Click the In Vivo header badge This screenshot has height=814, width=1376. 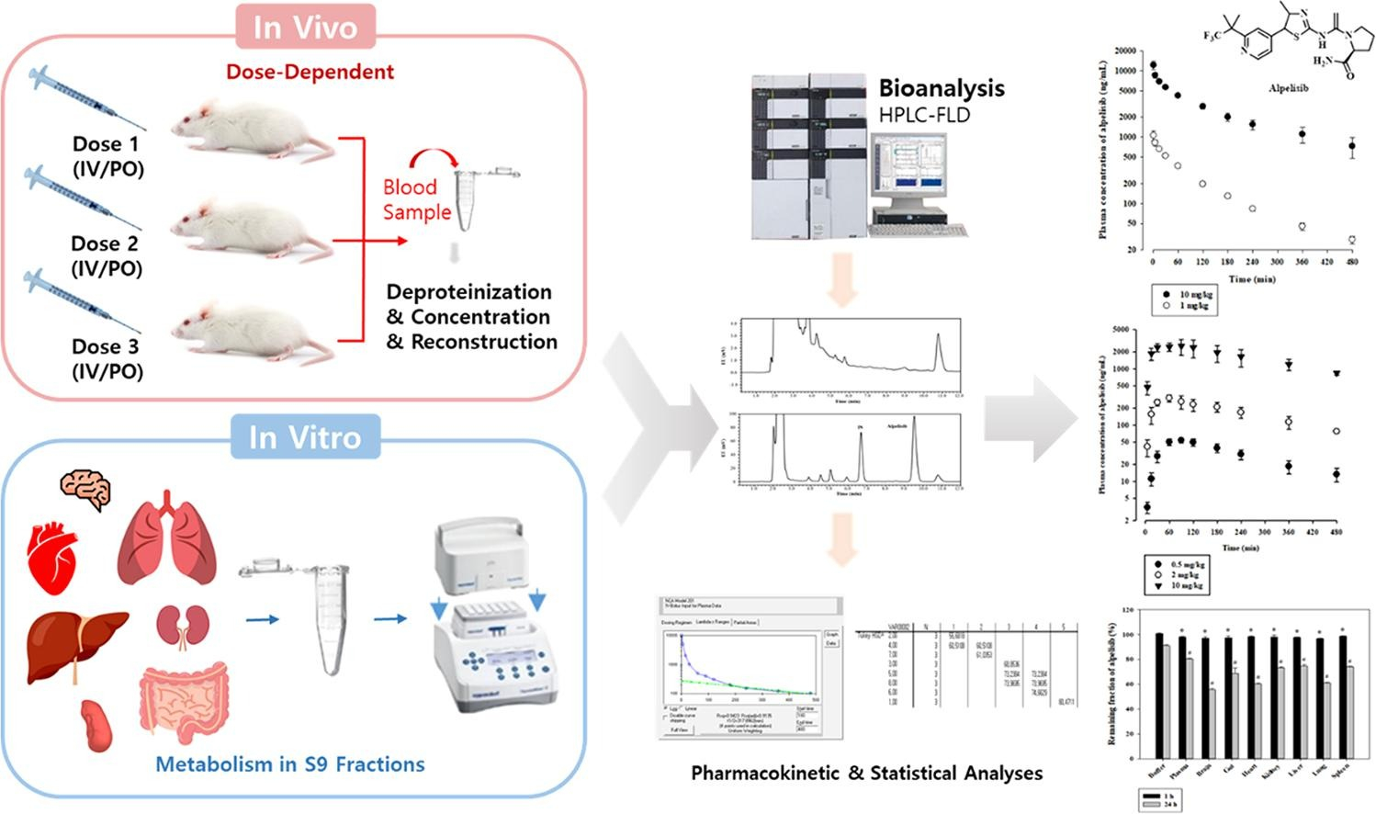tap(304, 28)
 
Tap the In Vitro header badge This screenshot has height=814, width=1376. tap(304, 436)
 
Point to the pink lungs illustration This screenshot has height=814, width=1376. tap(166, 541)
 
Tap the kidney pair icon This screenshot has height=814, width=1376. tap(179, 626)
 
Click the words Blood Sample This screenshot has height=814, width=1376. tap(416, 199)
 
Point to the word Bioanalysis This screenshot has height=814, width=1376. tap(942, 88)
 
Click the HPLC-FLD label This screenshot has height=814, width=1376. tap(924, 115)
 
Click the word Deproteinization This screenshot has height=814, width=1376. tap(469, 292)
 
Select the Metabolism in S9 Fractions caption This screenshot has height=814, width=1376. tap(289, 764)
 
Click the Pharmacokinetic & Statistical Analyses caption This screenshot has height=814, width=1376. tap(866, 774)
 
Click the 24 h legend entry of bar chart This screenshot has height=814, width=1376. tap(1167, 805)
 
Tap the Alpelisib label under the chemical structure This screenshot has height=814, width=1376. tap(1288, 88)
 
